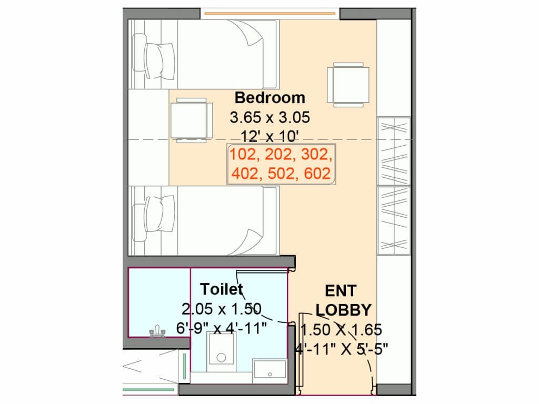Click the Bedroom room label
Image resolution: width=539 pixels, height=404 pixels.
click(270, 97)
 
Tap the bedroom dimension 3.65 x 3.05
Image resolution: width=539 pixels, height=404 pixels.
click(270, 117)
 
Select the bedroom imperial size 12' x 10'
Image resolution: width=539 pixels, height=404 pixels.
click(269, 136)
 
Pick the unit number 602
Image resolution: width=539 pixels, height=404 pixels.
click(317, 173)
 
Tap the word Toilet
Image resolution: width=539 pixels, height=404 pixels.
click(222, 289)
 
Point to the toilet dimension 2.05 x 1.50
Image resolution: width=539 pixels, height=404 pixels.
click(222, 309)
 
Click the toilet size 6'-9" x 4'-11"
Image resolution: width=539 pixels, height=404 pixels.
click(222, 328)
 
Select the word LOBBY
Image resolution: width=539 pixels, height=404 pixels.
click(343, 310)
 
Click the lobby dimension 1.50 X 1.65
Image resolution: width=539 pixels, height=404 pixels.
click(341, 330)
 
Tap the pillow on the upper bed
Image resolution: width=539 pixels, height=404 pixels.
click(160, 61)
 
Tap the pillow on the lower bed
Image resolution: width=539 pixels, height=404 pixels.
click(160, 215)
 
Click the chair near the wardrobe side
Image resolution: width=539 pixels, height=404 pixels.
click(348, 85)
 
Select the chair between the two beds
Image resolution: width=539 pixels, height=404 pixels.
click(192, 120)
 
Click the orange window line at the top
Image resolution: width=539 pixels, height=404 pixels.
click(270, 14)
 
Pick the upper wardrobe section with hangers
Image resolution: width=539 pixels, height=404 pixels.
click(394, 151)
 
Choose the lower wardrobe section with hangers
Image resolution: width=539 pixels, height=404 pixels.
click(394, 220)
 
